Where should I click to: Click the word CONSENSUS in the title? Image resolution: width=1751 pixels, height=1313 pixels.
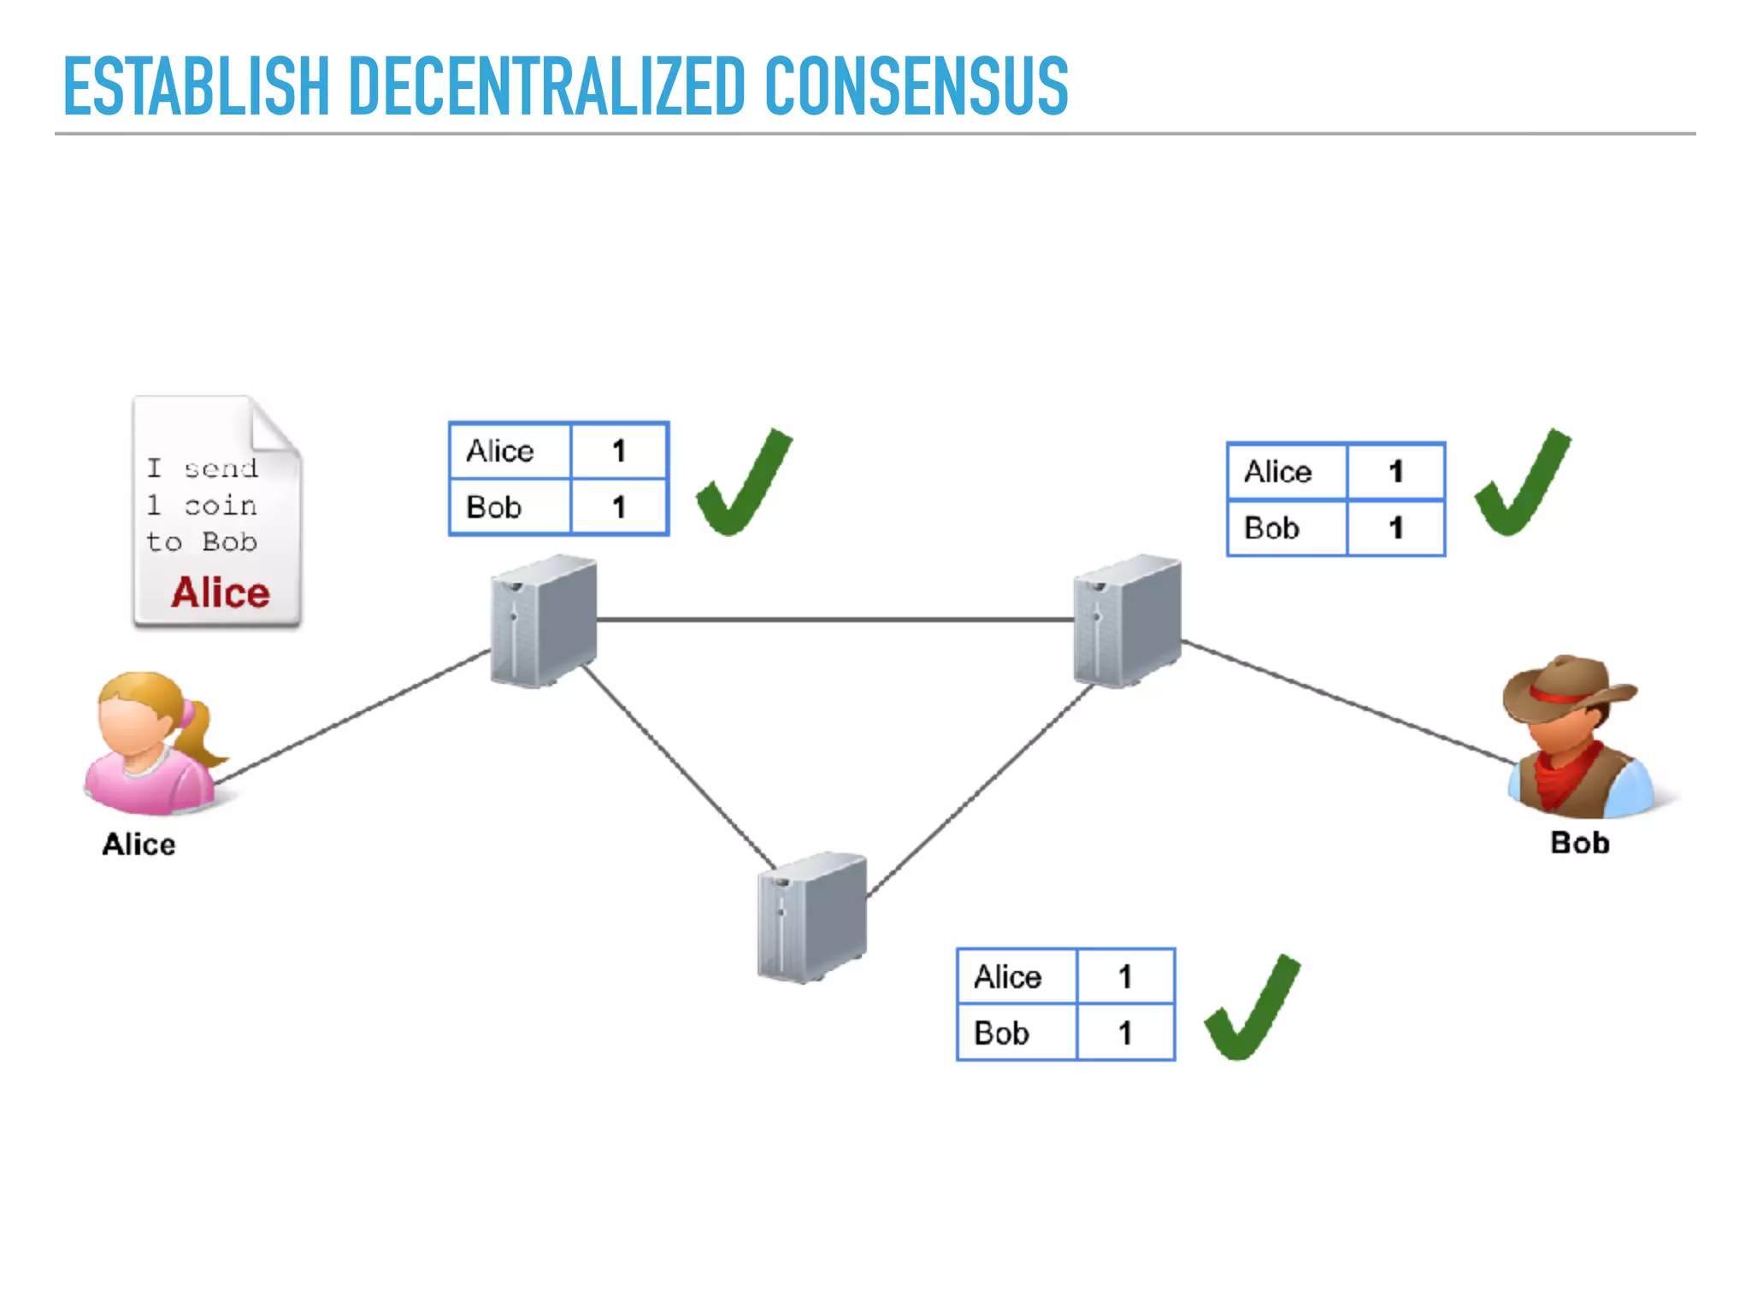[916, 85]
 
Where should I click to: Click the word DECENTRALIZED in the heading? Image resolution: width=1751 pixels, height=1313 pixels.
[546, 85]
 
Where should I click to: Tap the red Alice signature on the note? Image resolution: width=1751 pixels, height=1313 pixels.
[220, 592]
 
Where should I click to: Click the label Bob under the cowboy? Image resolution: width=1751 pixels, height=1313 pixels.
[1579, 843]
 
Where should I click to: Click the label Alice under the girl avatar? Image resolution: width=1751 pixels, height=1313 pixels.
[139, 845]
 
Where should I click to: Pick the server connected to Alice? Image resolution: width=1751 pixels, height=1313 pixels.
[544, 621]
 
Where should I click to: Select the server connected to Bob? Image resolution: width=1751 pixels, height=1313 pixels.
[1127, 621]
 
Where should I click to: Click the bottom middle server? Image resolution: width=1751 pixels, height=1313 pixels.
[811, 916]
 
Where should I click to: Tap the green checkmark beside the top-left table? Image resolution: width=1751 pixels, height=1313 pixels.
[743, 485]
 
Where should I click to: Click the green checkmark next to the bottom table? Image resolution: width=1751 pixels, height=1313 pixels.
[1252, 1009]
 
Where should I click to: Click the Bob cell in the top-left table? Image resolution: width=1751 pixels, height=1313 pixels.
[510, 508]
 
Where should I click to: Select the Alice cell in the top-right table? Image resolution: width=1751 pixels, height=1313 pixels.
[1287, 472]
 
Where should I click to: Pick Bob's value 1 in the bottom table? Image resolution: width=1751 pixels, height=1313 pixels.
[1125, 1033]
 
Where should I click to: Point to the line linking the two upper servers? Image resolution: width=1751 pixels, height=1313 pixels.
[834, 620]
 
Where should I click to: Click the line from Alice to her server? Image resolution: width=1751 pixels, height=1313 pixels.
[351, 716]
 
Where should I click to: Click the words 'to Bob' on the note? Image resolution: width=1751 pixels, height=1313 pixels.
[201, 542]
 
